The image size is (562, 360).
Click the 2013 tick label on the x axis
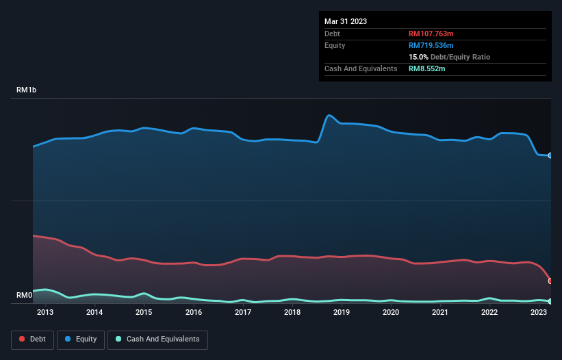coord(45,312)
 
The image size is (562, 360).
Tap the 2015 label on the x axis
coord(144,312)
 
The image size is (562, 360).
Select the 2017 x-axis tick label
coord(243,312)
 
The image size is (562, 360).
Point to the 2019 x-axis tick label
coord(342,312)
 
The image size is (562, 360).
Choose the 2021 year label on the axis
coord(440,312)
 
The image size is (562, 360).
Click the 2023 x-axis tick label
coord(539,312)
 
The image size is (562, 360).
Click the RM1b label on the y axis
coord(27,90)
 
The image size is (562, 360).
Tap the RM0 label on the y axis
coord(24,296)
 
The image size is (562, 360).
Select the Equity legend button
coord(81,339)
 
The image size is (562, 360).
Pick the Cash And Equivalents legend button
coord(157,339)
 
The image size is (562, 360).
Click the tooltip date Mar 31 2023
coord(346,21)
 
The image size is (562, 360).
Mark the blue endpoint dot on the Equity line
coord(550,155)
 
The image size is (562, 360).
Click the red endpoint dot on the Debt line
coord(550,281)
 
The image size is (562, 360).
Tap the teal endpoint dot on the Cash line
coord(550,301)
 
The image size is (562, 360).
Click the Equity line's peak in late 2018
coord(330,115)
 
